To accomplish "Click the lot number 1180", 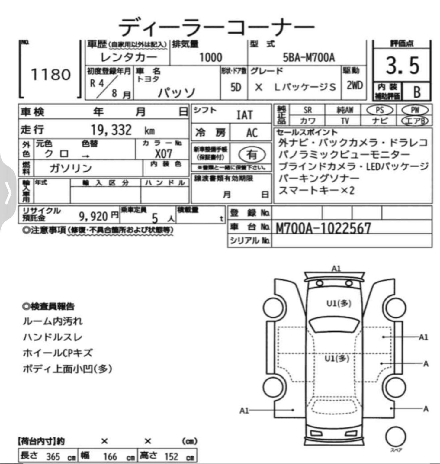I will point(51,74).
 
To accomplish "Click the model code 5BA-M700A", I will point(309,57).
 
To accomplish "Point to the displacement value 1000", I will point(210,57).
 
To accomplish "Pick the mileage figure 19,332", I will point(111,130).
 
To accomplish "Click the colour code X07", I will point(163,154).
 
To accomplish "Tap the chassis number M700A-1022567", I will point(323,229).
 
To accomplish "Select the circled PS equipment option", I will point(380,110).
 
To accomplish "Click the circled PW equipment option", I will point(415,110).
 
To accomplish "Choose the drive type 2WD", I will point(354,85).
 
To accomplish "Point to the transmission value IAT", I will point(244,115).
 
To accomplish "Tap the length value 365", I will point(53,456).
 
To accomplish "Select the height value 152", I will point(171,456).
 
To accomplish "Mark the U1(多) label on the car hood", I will point(339,303).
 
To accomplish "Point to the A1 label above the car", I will point(336,268).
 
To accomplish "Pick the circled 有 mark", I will point(252,155).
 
